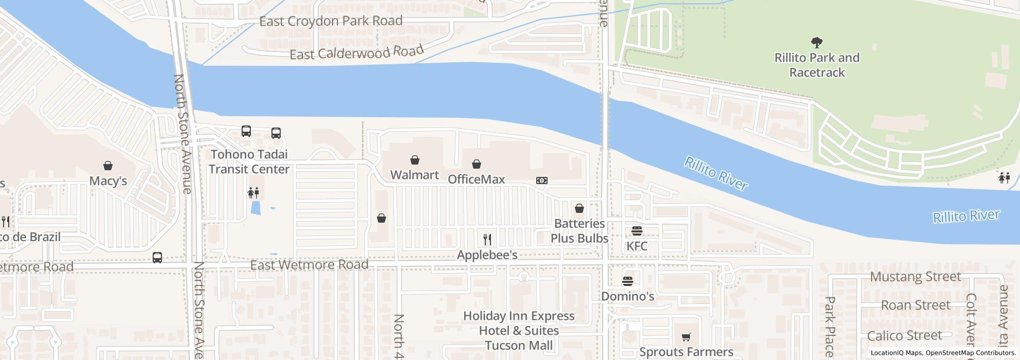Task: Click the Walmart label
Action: [x=414, y=175]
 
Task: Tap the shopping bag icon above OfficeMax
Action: [x=477, y=164]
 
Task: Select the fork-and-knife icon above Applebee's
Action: [x=487, y=240]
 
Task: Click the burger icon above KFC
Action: [x=637, y=230]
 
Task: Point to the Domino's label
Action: [x=627, y=296]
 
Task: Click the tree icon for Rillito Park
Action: [x=816, y=42]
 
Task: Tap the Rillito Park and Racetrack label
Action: [x=817, y=65]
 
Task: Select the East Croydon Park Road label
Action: [x=331, y=21]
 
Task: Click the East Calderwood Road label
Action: [x=357, y=52]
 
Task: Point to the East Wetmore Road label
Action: [x=309, y=265]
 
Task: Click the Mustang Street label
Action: [x=915, y=277]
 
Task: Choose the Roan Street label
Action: [x=915, y=305]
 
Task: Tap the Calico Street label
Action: [x=904, y=336]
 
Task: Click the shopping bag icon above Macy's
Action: [x=108, y=166]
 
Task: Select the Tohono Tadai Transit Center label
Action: [x=249, y=161]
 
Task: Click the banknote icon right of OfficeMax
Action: [x=542, y=181]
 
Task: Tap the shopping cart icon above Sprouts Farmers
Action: [x=686, y=337]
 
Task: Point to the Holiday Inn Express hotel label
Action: [x=519, y=330]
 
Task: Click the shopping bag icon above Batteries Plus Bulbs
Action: [x=579, y=208]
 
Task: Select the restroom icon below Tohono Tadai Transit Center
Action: [x=253, y=193]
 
